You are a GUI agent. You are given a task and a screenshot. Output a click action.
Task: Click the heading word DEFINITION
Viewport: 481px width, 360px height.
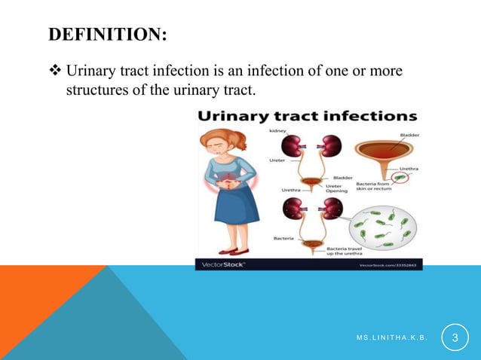point(107,35)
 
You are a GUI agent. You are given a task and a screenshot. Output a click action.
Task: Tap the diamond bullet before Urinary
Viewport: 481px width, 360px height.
point(57,72)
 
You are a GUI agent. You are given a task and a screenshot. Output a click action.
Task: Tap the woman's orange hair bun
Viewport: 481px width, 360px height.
point(240,139)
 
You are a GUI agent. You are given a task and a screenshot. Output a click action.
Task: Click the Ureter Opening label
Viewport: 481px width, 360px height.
point(336,188)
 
